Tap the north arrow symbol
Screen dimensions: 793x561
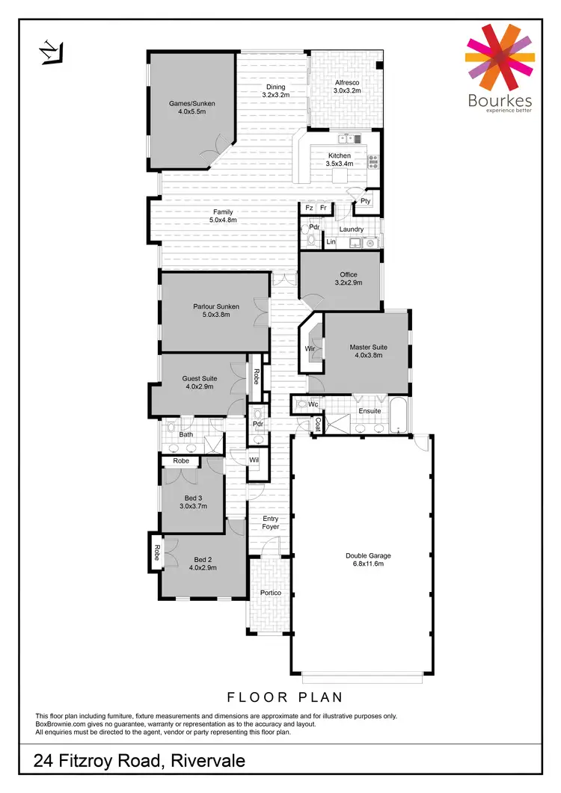click(x=50, y=52)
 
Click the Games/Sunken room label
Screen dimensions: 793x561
click(x=191, y=102)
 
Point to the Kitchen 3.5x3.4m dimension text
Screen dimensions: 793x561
click(x=340, y=163)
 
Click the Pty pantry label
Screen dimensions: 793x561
click(x=365, y=201)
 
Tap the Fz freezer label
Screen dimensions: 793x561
click(x=308, y=209)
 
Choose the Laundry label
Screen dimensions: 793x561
click(x=351, y=229)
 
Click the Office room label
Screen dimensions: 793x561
click(x=349, y=274)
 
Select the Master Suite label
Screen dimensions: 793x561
click(x=368, y=347)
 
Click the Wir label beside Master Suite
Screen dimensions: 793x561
click(x=309, y=348)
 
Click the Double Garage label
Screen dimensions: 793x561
click(x=368, y=555)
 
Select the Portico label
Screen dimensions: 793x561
click(x=270, y=593)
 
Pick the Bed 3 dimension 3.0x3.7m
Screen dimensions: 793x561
click(x=192, y=506)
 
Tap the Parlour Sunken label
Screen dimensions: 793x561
click(x=216, y=306)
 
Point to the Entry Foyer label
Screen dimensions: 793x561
click(x=270, y=522)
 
